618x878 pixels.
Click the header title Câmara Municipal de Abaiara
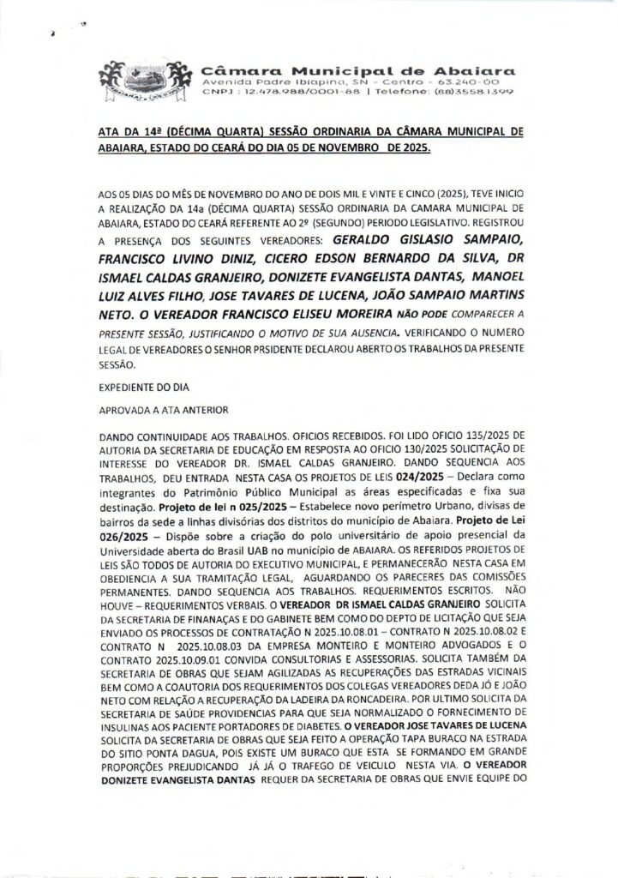pyautogui.click(x=357, y=66)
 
